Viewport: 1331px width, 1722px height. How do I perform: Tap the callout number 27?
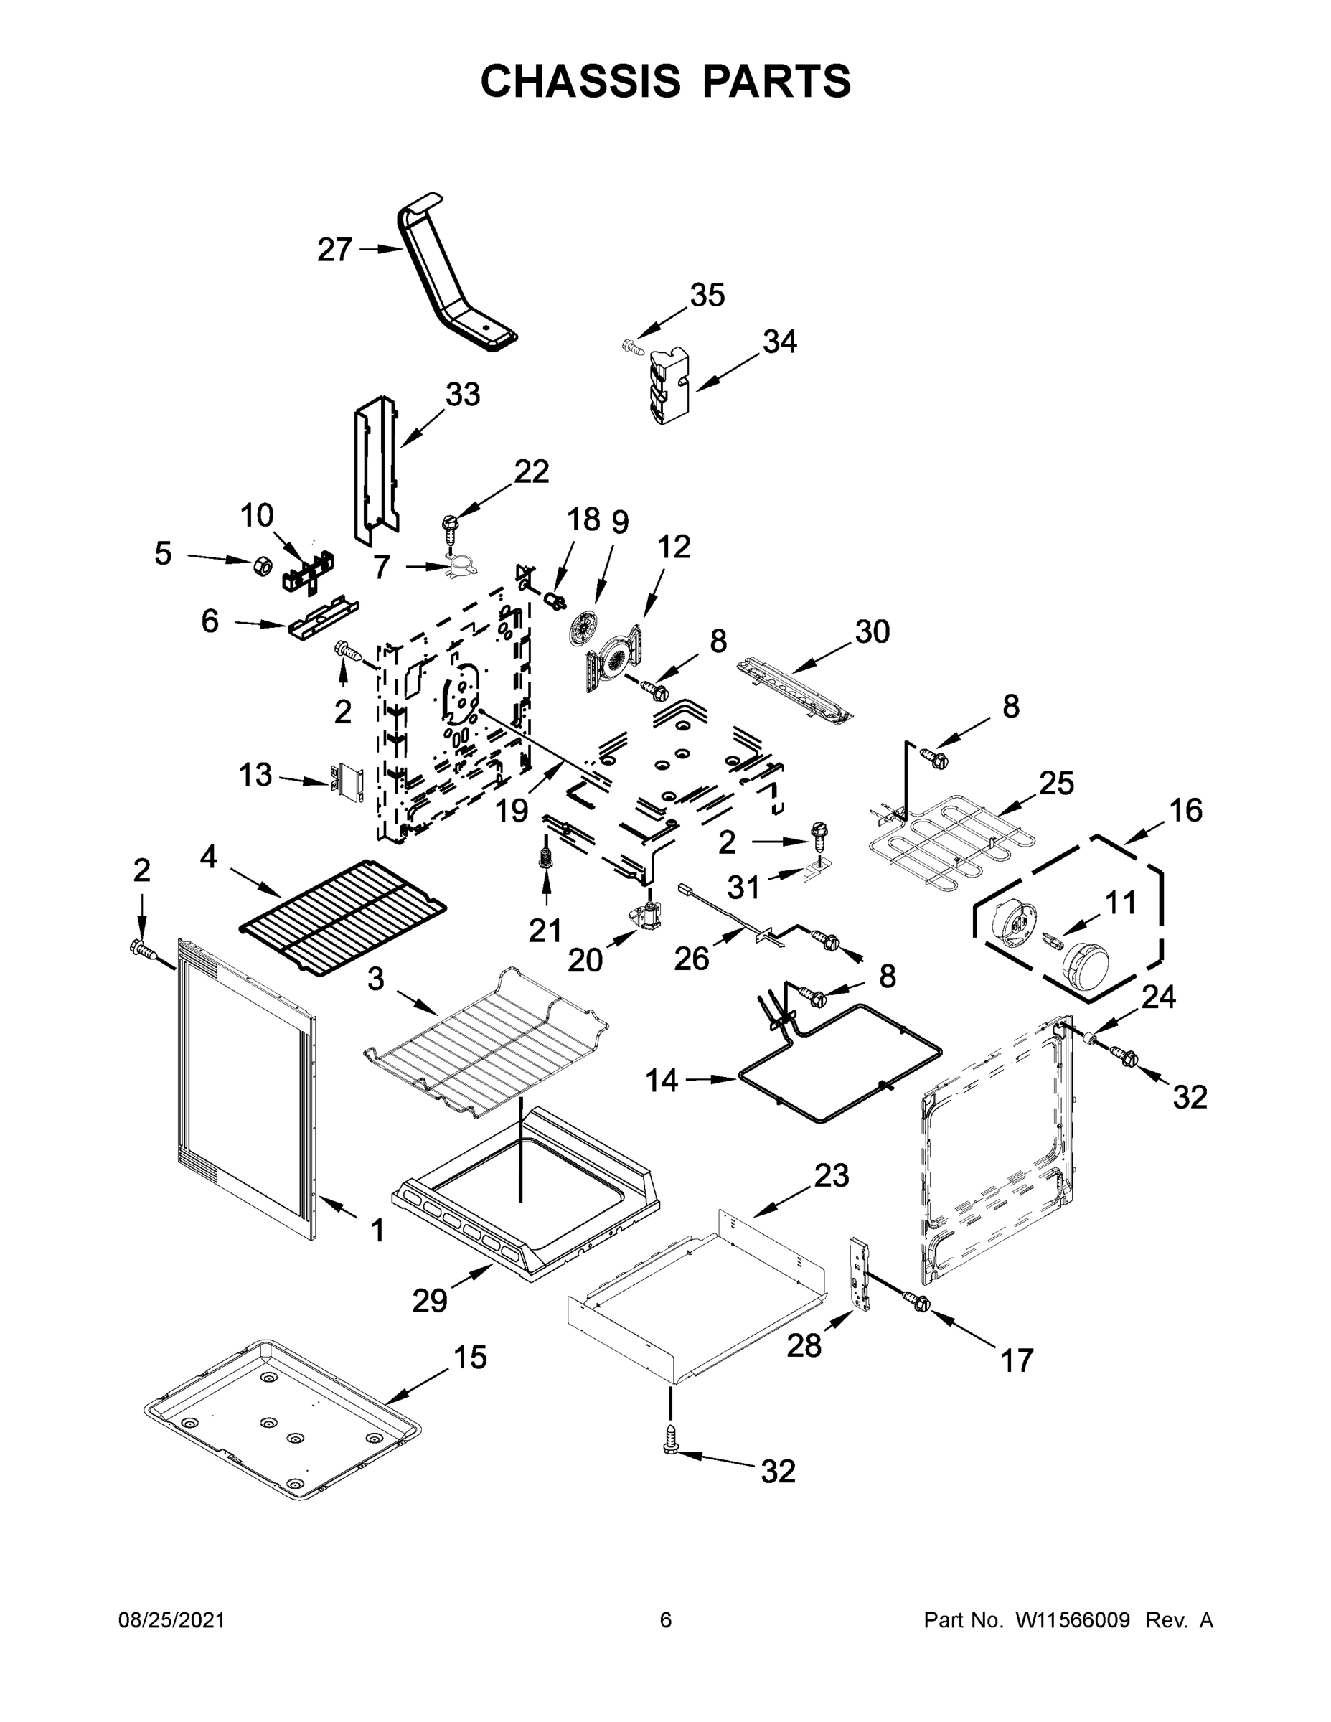coord(334,250)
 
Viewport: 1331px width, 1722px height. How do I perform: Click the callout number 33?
coord(462,394)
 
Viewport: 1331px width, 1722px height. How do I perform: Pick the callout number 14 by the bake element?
coord(662,1080)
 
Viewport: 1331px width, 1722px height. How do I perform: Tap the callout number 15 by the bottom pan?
coord(470,1358)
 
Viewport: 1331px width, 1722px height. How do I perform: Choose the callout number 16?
coord(1185,811)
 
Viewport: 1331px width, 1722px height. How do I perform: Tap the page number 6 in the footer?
coord(666,1620)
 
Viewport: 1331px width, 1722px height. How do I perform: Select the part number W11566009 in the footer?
coord(1073,1620)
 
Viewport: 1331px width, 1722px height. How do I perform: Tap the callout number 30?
coord(872,631)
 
